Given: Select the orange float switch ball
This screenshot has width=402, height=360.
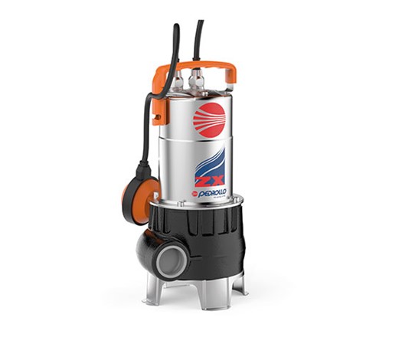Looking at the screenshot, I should pyautogui.click(x=142, y=189).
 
